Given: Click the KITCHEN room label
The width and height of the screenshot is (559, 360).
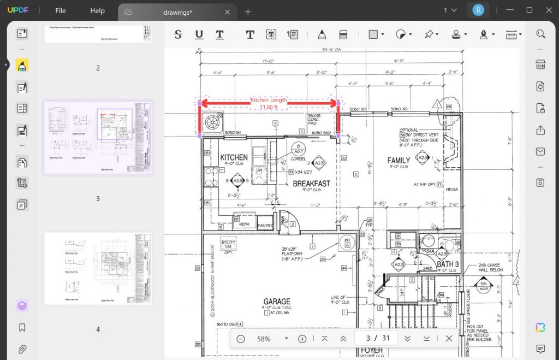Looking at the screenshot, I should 234,157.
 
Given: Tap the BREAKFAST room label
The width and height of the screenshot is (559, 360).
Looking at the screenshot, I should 311,184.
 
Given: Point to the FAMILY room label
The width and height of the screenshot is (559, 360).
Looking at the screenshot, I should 399,161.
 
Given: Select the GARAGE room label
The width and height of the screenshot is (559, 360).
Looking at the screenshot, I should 277,302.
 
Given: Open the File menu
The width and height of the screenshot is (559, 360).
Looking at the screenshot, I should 61,11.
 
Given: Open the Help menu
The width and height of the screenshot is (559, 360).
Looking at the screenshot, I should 97,11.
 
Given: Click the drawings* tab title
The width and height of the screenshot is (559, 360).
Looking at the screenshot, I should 177,12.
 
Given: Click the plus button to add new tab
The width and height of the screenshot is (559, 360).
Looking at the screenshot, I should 248,11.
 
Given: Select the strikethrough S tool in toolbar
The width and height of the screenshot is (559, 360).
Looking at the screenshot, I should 178,34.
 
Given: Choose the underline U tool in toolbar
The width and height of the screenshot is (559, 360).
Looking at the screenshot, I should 199,34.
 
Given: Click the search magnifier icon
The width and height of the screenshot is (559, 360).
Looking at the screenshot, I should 540,34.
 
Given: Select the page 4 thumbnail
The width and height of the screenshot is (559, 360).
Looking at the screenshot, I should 98,269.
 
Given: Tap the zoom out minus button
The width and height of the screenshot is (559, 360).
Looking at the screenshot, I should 241,339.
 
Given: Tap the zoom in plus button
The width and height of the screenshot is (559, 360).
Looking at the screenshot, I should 302,339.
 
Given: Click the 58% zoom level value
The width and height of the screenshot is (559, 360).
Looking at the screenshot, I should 264,339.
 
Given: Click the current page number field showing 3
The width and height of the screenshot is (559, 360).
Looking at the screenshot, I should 368,338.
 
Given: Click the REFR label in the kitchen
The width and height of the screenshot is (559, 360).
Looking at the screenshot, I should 244,224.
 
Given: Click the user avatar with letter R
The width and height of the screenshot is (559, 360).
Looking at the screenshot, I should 478,10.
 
